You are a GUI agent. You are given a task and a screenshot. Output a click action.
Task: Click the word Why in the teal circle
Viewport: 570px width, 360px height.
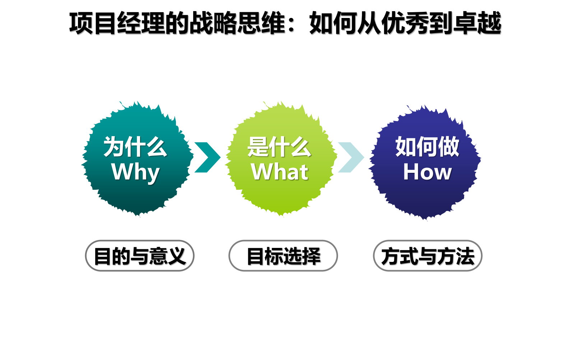135,172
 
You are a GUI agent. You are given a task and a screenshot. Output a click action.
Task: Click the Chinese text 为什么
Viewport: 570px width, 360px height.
135,147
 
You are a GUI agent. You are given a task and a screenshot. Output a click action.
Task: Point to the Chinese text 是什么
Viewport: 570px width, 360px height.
279,147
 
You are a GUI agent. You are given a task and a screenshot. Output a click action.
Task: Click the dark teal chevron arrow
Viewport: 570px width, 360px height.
208,157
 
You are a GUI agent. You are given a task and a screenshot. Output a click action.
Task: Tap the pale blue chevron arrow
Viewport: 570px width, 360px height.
351,157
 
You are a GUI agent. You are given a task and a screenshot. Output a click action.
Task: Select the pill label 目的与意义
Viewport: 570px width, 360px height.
140,256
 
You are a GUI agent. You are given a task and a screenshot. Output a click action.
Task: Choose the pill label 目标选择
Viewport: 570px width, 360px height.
283,256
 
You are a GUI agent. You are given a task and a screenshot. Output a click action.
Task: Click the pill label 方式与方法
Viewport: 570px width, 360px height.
428,256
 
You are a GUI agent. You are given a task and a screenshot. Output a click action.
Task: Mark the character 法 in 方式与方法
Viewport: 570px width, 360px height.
465,256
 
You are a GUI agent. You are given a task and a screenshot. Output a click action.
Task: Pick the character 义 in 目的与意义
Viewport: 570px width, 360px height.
176,256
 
